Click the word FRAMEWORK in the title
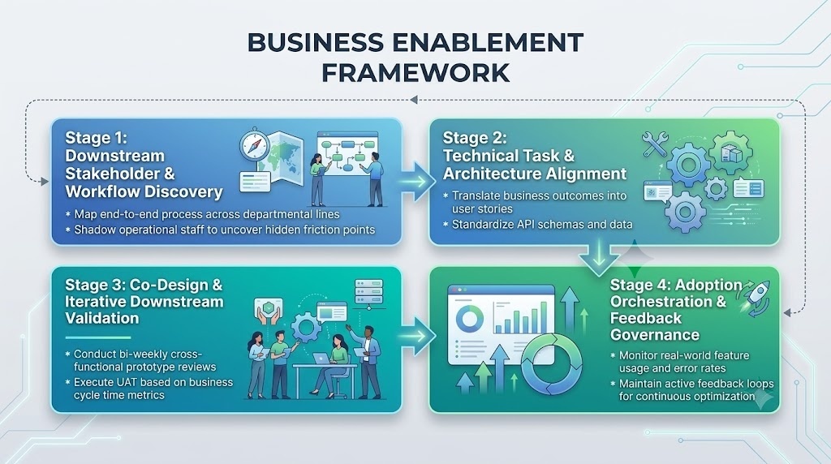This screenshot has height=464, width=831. (x=415, y=72)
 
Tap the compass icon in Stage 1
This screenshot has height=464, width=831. (x=255, y=144)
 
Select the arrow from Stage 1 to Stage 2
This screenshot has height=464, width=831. (x=415, y=182)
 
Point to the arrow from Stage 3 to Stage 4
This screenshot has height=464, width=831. (x=416, y=336)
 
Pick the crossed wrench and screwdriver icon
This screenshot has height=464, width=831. (x=655, y=144)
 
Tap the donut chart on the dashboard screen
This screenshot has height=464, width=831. (x=470, y=318)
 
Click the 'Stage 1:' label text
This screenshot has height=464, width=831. (x=97, y=138)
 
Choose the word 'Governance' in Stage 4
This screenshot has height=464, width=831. (x=655, y=335)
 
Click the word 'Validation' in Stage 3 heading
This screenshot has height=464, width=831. (x=102, y=318)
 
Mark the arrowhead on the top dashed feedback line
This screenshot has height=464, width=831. (x=414, y=100)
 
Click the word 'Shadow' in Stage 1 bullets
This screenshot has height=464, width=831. (x=93, y=230)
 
